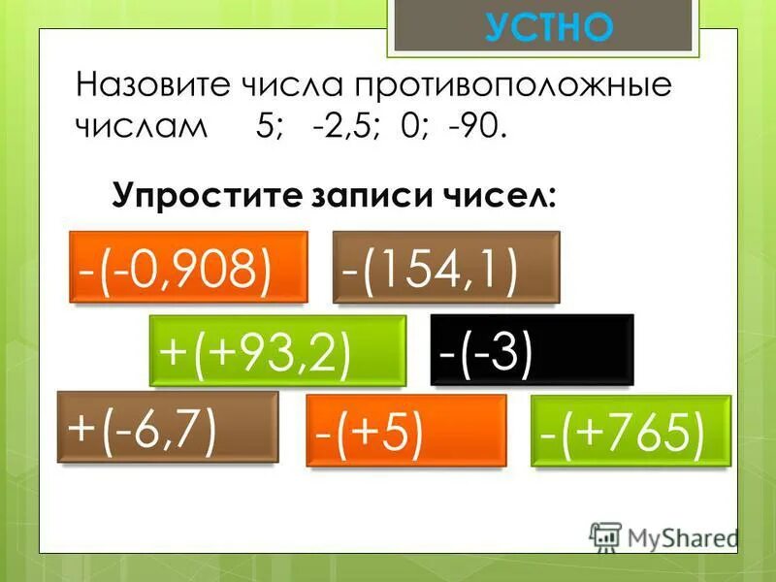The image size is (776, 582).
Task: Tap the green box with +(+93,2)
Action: point(277,350)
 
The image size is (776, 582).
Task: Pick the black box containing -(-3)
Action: point(532,348)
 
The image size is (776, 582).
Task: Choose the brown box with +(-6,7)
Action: point(168,426)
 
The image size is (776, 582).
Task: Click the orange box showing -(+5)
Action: point(405,430)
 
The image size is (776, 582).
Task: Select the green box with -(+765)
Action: point(631,431)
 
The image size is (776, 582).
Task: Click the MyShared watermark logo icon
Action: point(604,534)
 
